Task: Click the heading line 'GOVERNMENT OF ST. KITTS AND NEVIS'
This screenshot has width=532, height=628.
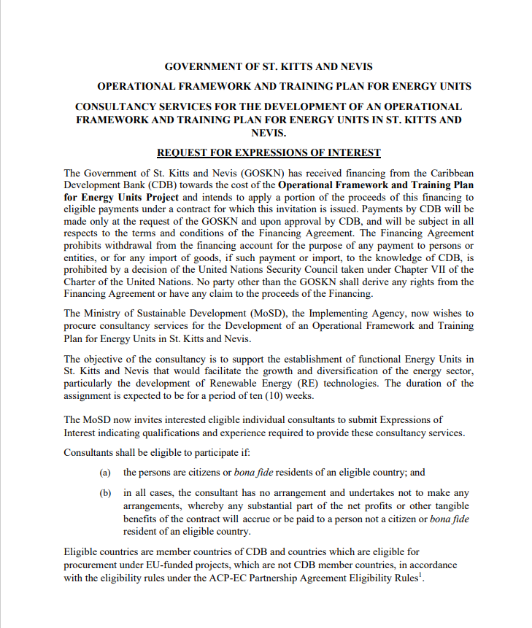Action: (x=269, y=66)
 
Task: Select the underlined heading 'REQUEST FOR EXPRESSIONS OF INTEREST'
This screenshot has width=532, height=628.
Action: (x=269, y=152)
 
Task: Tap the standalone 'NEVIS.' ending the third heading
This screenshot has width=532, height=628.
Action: (x=269, y=133)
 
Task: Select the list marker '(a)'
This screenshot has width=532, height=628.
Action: (x=105, y=473)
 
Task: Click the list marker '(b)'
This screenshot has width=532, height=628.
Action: (x=105, y=493)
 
